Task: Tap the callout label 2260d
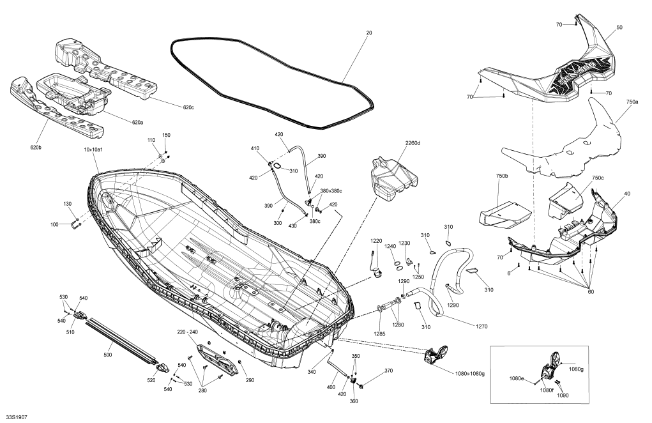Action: tap(413, 142)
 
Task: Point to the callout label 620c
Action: tap(188, 107)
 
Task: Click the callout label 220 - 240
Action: tap(188, 333)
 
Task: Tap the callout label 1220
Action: tap(376, 242)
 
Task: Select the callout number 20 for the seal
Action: tap(368, 32)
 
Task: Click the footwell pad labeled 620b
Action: tap(57, 112)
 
